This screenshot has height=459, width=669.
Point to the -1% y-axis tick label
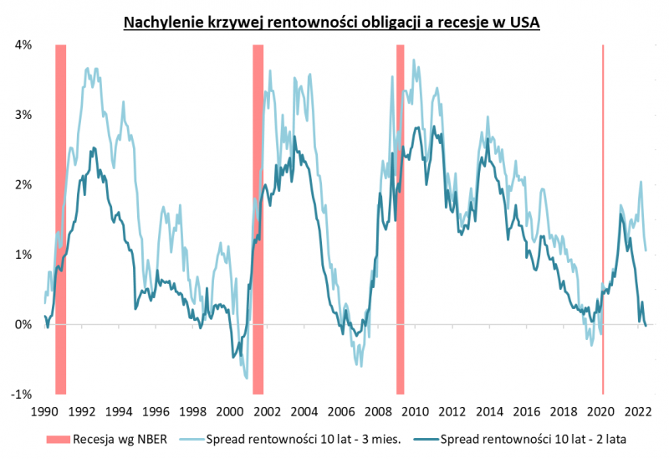coord(21,394)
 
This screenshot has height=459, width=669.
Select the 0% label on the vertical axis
coord(23,324)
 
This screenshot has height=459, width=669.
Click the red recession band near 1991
coord(60,218)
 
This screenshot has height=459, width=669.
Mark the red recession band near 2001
coord(258,218)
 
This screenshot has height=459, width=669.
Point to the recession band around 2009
coord(401,218)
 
